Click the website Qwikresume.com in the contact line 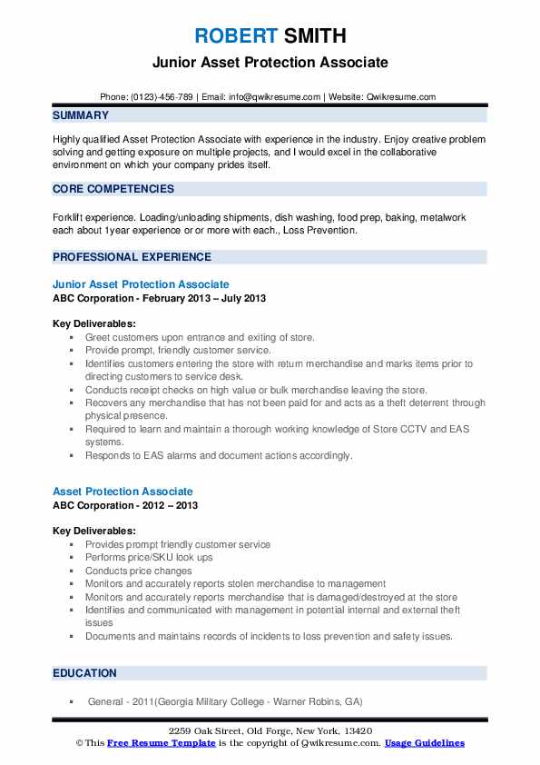click(400, 96)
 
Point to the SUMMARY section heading click(81, 115)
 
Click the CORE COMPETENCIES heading click(113, 189)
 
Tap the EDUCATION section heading click(85, 673)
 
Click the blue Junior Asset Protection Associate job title click(141, 284)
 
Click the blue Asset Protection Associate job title click(123, 492)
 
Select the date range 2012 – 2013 click(171, 505)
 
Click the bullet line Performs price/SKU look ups click(149, 557)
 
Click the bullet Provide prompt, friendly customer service click(178, 350)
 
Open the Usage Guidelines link click(424, 743)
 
